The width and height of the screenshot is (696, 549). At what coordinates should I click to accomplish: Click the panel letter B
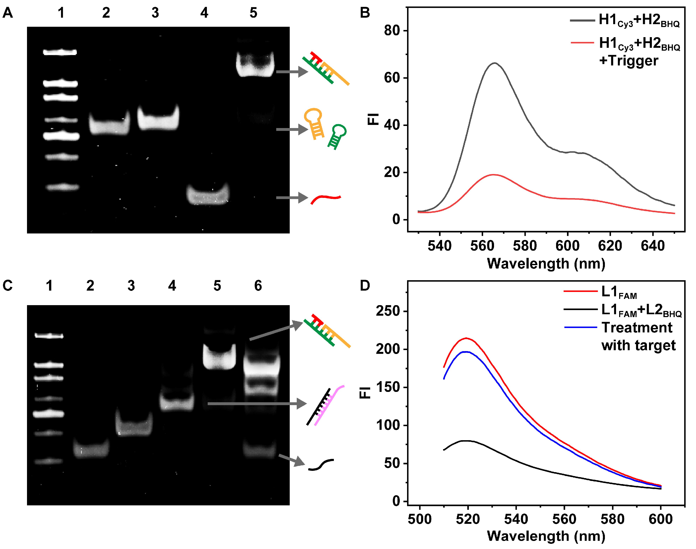[x=365, y=13]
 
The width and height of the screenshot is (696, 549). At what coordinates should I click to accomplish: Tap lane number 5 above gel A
[x=253, y=13]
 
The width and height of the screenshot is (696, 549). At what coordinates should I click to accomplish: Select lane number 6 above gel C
[x=258, y=286]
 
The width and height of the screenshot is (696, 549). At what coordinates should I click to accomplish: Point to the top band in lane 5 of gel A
[x=255, y=65]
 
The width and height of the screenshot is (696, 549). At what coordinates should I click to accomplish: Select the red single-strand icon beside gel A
[x=326, y=199]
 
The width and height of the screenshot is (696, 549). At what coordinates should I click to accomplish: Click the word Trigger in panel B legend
[x=629, y=61]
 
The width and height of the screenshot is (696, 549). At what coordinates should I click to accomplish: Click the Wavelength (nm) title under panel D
[x=546, y=536]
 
